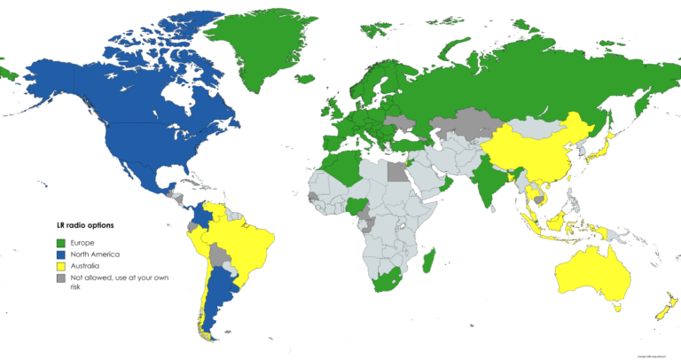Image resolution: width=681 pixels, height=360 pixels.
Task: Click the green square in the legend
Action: [x=61, y=243]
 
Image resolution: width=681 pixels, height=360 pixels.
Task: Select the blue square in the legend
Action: [x=61, y=254]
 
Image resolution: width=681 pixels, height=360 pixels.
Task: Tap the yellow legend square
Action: [x=61, y=266]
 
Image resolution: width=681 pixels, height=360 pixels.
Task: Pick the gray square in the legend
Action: [x=61, y=278]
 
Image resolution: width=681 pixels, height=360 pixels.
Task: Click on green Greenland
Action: [x=257, y=44]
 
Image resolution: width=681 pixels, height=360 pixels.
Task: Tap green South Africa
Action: [x=387, y=281]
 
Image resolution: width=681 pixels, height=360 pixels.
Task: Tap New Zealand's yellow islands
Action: [x=661, y=309]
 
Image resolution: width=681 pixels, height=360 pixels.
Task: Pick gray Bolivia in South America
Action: [x=220, y=256]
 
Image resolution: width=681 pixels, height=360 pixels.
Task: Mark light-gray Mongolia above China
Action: [x=528, y=124]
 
